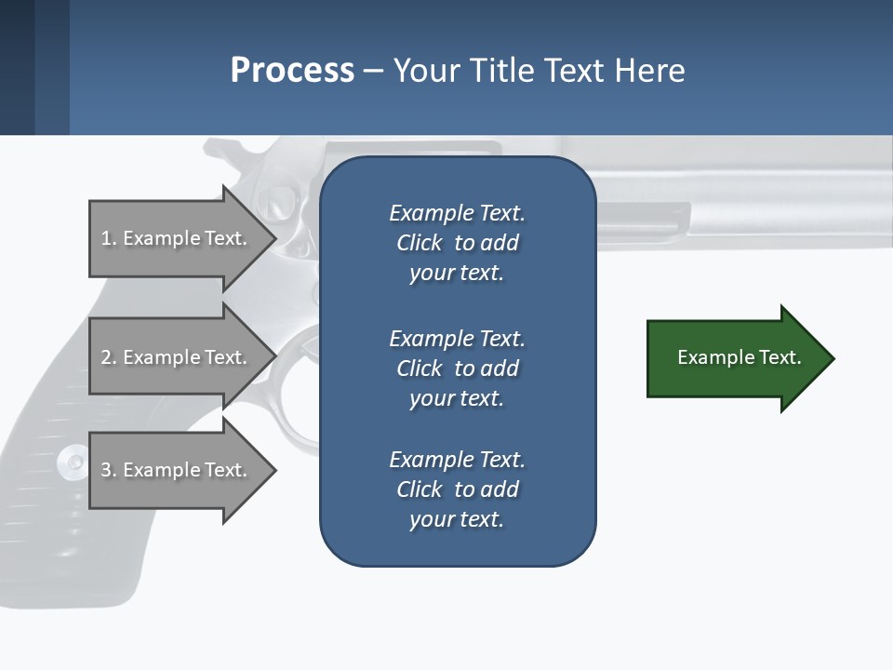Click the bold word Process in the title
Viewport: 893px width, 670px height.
(x=292, y=71)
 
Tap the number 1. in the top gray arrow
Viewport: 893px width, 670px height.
(x=109, y=238)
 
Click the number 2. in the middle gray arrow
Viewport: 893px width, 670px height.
(x=109, y=357)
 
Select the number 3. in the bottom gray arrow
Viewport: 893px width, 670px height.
(x=109, y=470)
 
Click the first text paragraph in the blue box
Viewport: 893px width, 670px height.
(x=457, y=243)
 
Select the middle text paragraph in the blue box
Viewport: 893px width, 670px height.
(x=457, y=368)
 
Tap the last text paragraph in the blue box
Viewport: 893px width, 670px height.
(x=457, y=489)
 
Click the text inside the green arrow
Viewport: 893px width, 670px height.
(x=739, y=357)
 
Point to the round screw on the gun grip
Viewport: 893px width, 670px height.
(x=71, y=461)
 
